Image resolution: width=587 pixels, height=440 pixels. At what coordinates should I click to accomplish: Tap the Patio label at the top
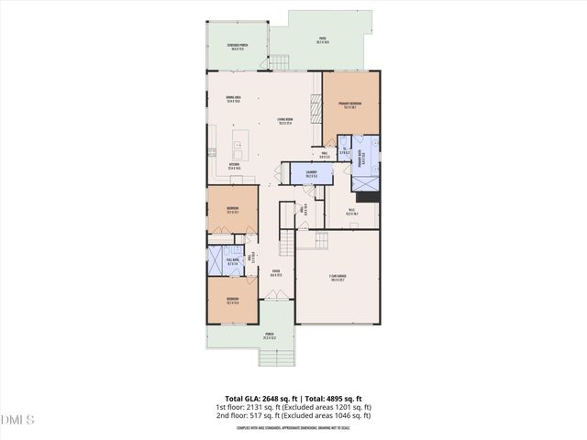point(322,39)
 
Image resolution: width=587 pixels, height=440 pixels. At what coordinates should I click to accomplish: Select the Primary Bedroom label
point(350,104)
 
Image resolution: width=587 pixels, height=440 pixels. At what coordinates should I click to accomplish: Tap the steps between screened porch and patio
point(282,62)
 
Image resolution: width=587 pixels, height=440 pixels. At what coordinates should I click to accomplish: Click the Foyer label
point(274,272)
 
